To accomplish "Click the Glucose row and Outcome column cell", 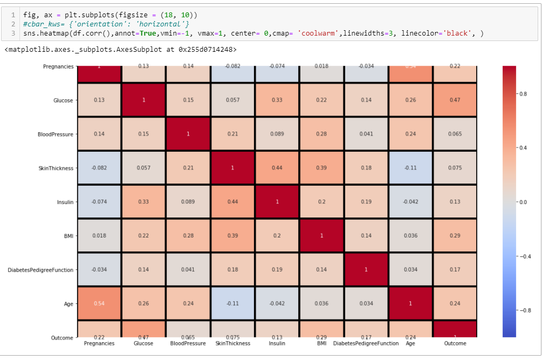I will tap(455, 100).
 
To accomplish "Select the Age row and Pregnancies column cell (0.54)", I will tap(99, 303).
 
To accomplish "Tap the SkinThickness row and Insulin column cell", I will tap(277, 168).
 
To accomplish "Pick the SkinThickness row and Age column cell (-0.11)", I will tap(410, 168).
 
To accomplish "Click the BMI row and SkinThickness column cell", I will tap(232, 235).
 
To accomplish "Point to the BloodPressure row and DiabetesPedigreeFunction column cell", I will tap(366, 134).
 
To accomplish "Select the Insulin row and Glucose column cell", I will tap(143, 202).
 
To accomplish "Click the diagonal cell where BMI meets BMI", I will tap(321, 235).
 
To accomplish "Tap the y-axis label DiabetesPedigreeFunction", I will tap(40, 270).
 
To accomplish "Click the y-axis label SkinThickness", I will tap(56, 168).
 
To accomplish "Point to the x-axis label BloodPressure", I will tap(188, 343).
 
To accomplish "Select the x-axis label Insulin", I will tap(277, 343).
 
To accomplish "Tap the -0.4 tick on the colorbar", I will tap(524, 256).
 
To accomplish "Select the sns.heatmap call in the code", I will tap(43, 33).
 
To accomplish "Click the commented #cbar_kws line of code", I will tap(106, 23).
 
